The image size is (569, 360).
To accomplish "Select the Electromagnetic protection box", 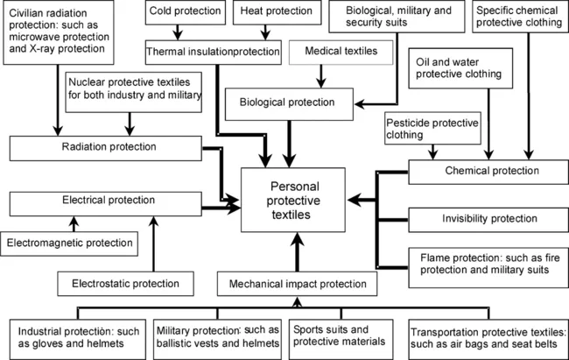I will pyautogui.click(x=70, y=241).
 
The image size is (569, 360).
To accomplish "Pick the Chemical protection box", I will pyautogui.click(x=485, y=170).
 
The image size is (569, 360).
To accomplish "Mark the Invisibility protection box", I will pyautogui.click(x=485, y=217).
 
